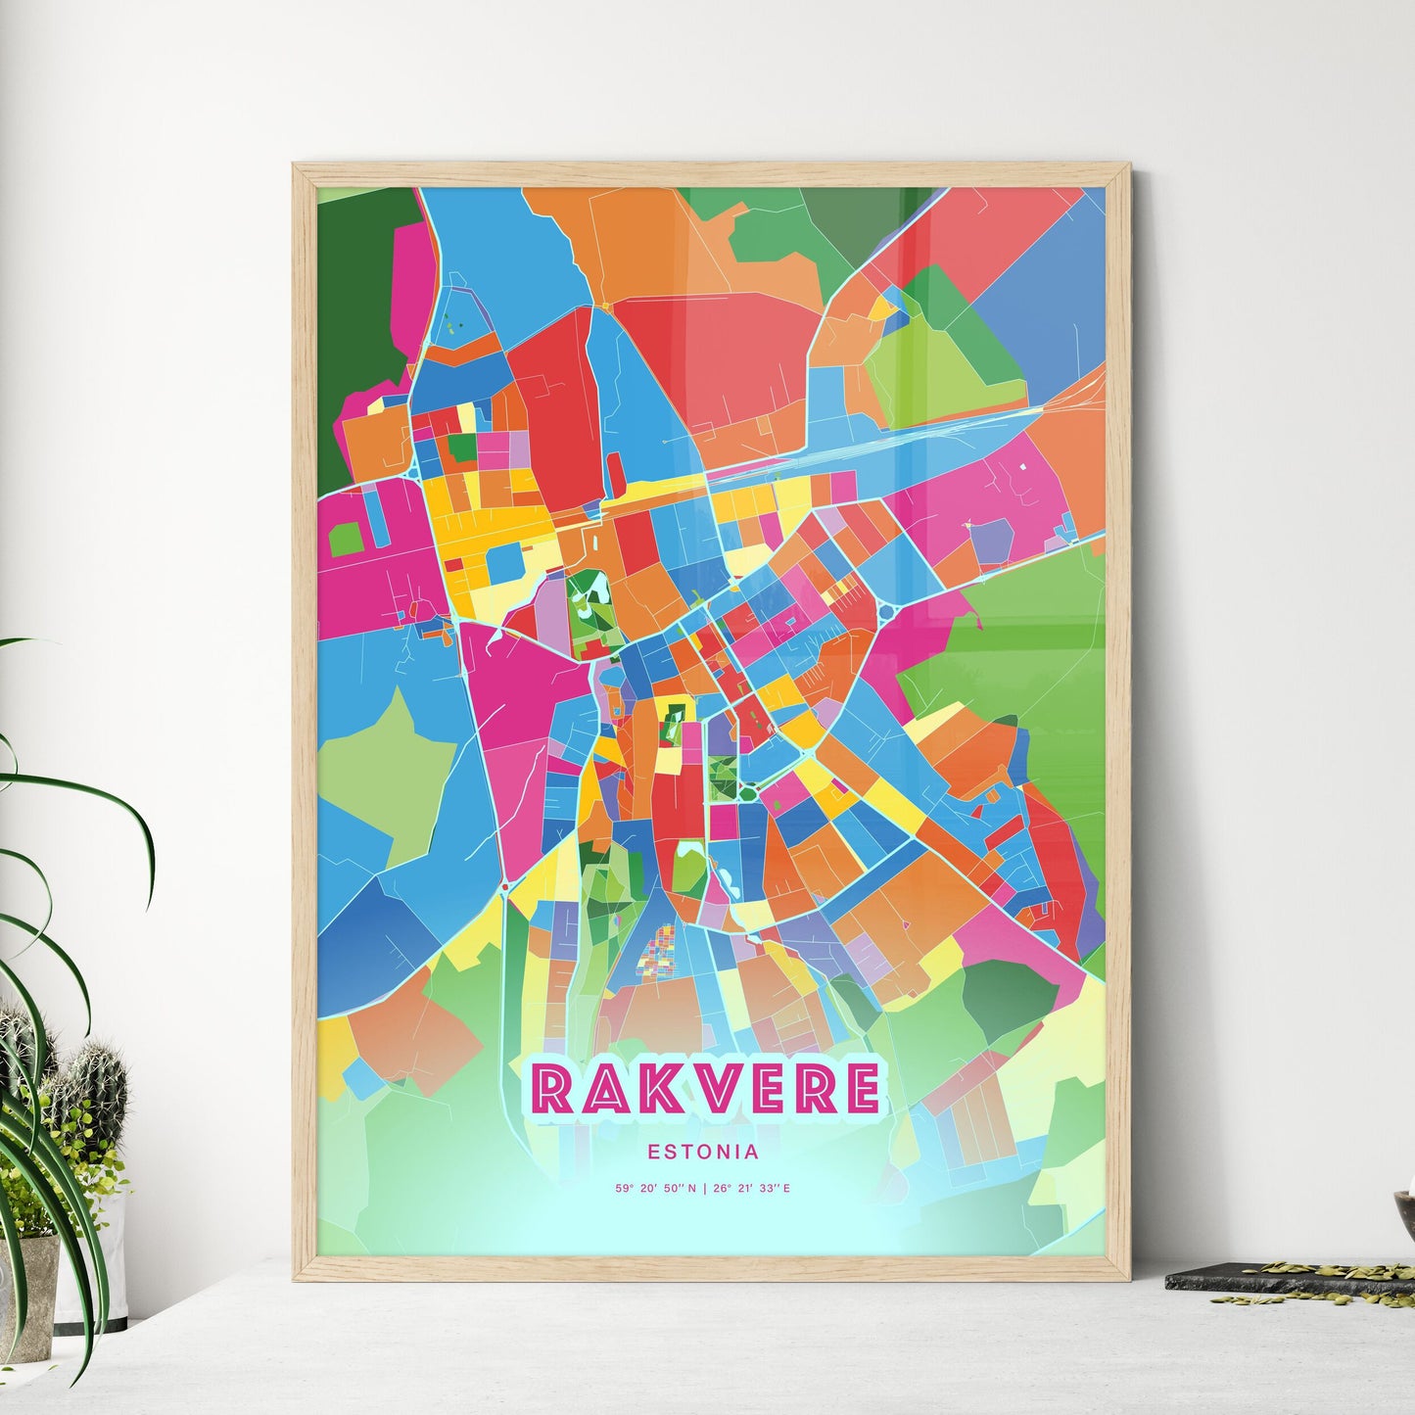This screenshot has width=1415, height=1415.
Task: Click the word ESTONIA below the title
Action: tap(703, 1153)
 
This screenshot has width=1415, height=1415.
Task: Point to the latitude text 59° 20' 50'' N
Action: tap(656, 1189)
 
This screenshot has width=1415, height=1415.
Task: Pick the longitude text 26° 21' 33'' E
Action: tap(751, 1189)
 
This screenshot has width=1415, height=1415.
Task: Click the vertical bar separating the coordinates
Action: tap(704, 1189)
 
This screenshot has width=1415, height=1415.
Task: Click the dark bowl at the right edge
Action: tap(1404, 1210)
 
